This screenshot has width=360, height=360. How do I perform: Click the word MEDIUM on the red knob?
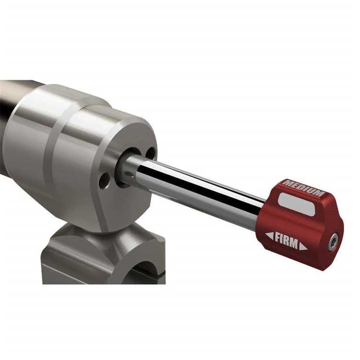tap(303, 188)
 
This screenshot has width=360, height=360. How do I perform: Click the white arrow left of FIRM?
tap(270, 236)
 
